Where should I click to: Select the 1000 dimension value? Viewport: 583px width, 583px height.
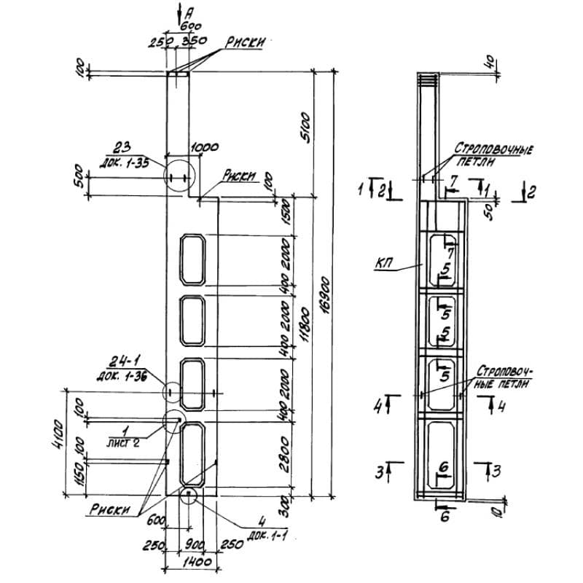coord(205,148)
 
